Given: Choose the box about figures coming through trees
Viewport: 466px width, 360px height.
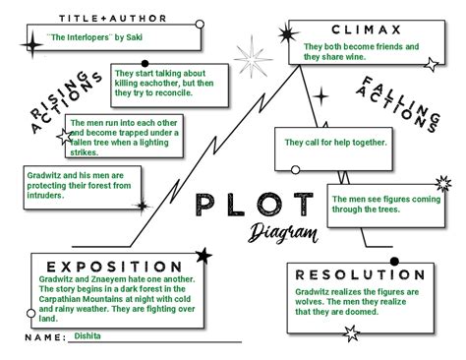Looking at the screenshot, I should (388, 203).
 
